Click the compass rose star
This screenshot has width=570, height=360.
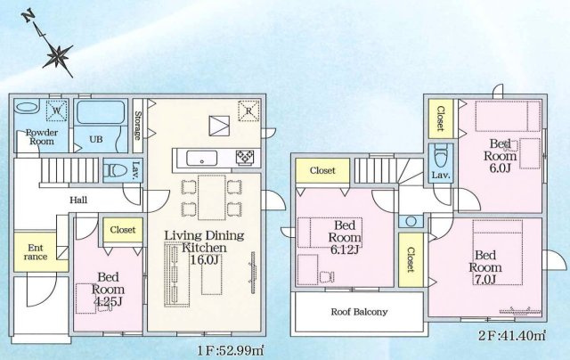[58, 56]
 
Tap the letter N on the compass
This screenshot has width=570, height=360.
[28, 17]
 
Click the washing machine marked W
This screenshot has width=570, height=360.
[57, 110]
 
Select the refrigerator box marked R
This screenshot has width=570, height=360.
[248, 110]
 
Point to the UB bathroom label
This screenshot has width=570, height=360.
[96, 139]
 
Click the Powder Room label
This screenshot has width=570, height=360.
[42, 136]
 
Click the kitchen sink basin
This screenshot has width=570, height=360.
[202, 159]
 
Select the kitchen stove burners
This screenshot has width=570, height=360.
[245, 159]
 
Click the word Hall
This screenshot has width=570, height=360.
[78, 200]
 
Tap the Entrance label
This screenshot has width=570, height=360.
[36, 252]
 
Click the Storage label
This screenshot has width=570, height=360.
[138, 126]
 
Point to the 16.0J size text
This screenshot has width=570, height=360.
[204, 259]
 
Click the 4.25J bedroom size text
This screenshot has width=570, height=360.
[108, 301]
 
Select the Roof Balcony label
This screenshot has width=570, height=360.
[359, 312]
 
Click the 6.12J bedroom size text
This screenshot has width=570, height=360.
[345, 250]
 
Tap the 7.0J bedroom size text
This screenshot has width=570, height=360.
[485, 279]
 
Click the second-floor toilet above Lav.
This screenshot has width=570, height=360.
[441, 155]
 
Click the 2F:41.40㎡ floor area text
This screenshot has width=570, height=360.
[512, 335]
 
